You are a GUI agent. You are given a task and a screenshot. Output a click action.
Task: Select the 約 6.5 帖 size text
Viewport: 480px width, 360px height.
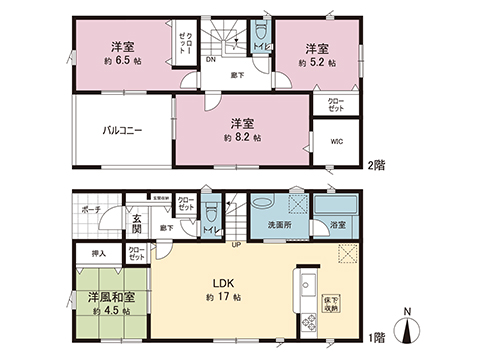(x=121, y=62)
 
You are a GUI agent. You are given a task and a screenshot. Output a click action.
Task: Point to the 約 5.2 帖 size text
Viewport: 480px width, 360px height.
(x=316, y=62)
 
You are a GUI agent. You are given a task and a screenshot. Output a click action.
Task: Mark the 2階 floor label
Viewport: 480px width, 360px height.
(x=375, y=165)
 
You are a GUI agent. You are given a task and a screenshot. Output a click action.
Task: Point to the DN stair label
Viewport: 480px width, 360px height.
(x=211, y=59)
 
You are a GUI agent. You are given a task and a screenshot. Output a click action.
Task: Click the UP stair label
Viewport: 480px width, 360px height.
(x=237, y=245)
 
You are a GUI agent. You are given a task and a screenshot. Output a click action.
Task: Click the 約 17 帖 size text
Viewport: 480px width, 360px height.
(x=224, y=299)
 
